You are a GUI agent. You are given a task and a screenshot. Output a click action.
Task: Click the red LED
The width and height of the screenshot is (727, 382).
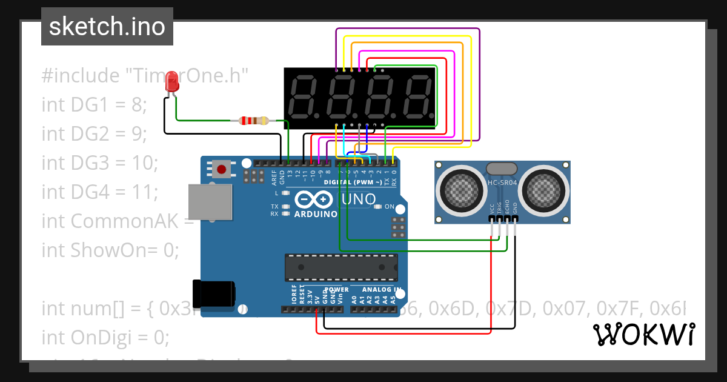tap(172, 82)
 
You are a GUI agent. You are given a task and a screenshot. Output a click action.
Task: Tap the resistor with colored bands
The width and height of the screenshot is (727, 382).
tap(254, 121)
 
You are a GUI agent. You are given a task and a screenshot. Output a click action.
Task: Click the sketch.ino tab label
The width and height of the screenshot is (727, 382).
tap(107, 27)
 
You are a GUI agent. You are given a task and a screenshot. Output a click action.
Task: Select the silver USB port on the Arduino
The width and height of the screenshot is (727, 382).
tap(210, 202)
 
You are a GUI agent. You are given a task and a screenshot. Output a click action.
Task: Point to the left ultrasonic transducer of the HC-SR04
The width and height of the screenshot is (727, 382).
tap(461, 190)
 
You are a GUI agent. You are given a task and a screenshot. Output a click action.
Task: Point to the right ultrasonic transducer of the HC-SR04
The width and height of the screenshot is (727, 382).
tap(544, 190)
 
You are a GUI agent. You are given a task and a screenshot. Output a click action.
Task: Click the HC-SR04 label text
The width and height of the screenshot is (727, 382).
tap(502, 182)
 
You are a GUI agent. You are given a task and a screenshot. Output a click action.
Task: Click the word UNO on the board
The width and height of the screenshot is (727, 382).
tap(359, 199)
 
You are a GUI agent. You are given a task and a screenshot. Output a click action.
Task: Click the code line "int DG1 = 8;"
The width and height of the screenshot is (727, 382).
tap(95, 105)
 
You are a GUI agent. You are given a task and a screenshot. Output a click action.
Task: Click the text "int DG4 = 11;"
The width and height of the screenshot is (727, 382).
tap(100, 192)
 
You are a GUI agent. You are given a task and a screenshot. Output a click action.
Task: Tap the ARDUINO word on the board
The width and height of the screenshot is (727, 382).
tap(315, 214)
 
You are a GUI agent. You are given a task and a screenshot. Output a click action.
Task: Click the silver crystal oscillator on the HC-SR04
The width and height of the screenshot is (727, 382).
tap(502, 168)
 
